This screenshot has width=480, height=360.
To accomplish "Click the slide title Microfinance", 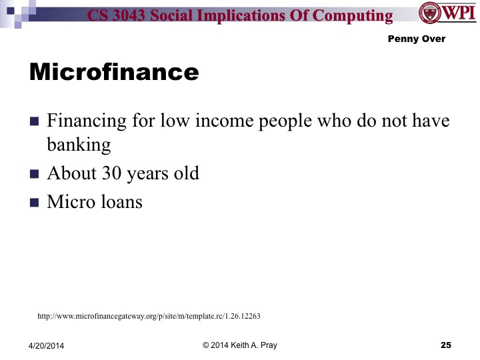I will click(x=114, y=72).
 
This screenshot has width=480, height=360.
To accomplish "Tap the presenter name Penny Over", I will click(x=416, y=39).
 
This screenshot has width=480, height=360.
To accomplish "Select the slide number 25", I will click(x=446, y=345).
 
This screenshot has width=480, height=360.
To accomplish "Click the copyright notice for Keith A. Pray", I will click(x=239, y=345).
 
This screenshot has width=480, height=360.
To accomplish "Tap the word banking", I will click(x=79, y=144).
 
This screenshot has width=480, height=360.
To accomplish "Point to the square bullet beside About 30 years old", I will click(x=35, y=174).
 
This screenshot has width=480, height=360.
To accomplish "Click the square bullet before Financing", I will click(x=35, y=123).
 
